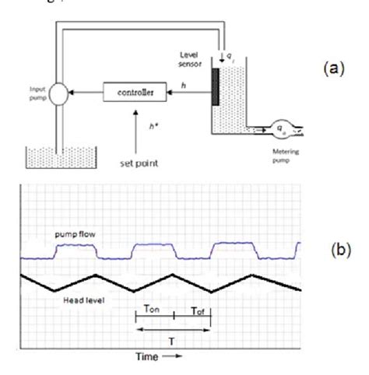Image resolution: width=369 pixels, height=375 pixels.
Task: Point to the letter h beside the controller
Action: click(184, 86)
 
